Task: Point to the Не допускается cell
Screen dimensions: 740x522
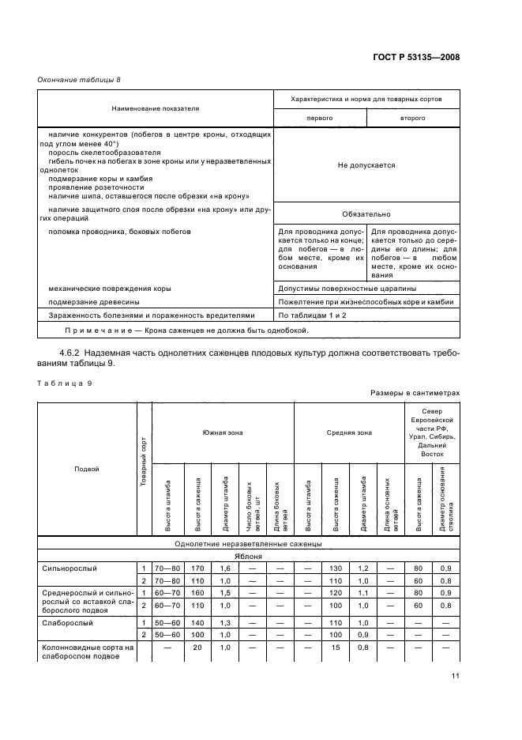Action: click(x=366, y=165)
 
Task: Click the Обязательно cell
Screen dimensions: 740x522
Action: click(x=366, y=214)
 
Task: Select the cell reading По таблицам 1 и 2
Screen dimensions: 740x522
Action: click(x=312, y=315)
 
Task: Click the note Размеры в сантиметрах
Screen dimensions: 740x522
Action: click(x=414, y=392)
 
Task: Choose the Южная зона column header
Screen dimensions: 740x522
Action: click(x=222, y=432)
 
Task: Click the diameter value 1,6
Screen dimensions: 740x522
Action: click(x=226, y=568)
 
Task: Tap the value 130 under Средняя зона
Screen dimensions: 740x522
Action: click(x=336, y=568)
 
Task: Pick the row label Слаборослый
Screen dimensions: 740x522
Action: click(x=67, y=622)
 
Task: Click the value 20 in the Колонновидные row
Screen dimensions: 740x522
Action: click(x=198, y=647)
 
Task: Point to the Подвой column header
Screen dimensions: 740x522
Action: click(x=86, y=469)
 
